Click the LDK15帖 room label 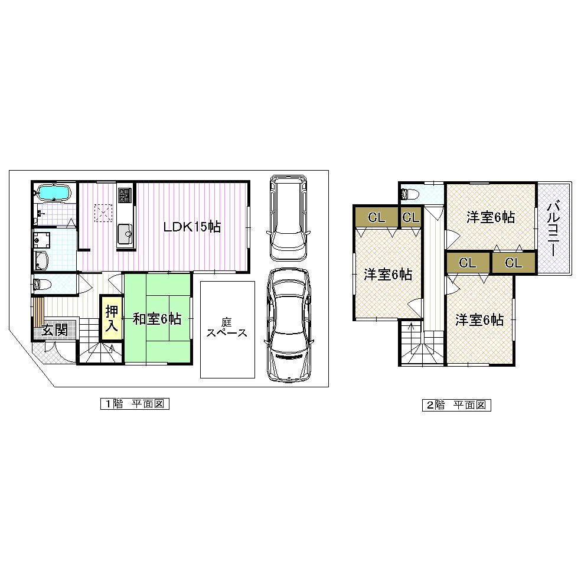[x=192, y=227]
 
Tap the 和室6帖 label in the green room [x=156, y=319]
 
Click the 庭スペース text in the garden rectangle [x=227, y=328]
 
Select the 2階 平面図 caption [x=456, y=405]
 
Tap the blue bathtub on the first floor [x=54, y=192]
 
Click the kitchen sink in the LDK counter [x=126, y=234]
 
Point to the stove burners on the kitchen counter [x=125, y=195]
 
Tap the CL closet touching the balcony [x=514, y=263]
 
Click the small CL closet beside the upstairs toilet [x=410, y=217]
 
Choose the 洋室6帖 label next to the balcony [x=490, y=217]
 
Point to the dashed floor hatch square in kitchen [x=103, y=211]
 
